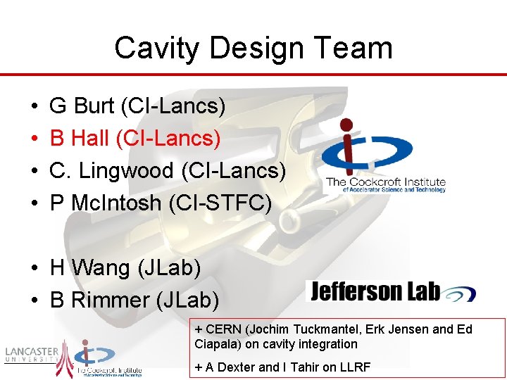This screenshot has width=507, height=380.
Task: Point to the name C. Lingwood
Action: [x=112, y=170]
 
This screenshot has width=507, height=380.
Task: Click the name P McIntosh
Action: [x=106, y=203]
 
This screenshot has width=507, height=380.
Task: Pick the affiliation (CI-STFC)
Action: [x=220, y=203]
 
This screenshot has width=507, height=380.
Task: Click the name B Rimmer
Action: [x=99, y=300]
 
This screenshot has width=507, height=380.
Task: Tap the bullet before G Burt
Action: [x=35, y=107]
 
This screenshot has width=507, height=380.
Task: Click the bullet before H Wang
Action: [x=35, y=269]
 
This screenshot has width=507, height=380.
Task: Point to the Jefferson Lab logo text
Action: [x=375, y=291]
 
